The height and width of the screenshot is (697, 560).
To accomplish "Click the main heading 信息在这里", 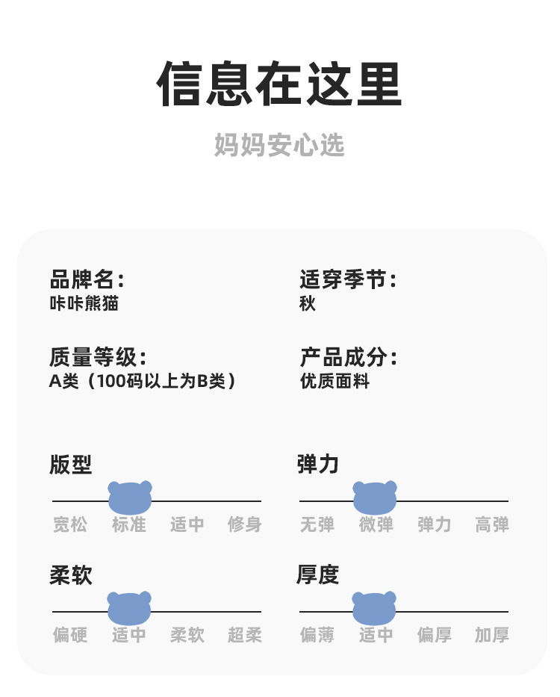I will pyautogui.click(x=279, y=84).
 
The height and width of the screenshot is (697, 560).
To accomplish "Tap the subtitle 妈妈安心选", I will pyautogui.click(x=279, y=145).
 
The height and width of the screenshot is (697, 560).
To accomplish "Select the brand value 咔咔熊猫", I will pyautogui.click(x=84, y=304).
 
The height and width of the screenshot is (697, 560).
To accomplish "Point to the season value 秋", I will pyautogui.click(x=308, y=304).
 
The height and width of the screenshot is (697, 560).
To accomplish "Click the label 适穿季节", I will pyautogui.click(x=347, y=280).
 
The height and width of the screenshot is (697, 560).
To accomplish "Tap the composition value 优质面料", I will pyautogui.click(x=335, y=381).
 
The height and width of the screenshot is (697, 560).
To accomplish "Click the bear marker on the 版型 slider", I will pyautogui.click(x=130, y=498).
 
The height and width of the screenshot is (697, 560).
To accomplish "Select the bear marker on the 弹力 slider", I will pyautogui.click(x=375, y=498).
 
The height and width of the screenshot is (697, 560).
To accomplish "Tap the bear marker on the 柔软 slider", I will pyautogui.click(x=129, y=608).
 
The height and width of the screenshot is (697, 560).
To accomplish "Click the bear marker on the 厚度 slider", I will pyautogui.click(x=374, y=608).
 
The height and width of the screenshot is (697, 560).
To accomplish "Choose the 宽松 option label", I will pyautogui.click(x=70, y=524).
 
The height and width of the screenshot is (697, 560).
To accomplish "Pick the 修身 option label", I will pyautogui.click(x=245, y=524).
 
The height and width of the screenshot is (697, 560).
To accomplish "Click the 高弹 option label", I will pyautogui.click(x=492, y=524).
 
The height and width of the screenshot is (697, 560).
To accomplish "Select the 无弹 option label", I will pyautogui.click(x=317, y=524).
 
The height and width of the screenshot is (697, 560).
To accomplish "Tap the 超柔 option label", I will pyautogui.click(x=245, y=635).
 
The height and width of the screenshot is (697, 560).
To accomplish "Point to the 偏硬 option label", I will pyautogui.click(x=70, y=635).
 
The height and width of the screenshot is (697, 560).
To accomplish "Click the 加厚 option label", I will pyautogui.click(x=492, y=635).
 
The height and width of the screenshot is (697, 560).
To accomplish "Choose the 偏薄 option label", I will pyautogui.click(x=317, y=635).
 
